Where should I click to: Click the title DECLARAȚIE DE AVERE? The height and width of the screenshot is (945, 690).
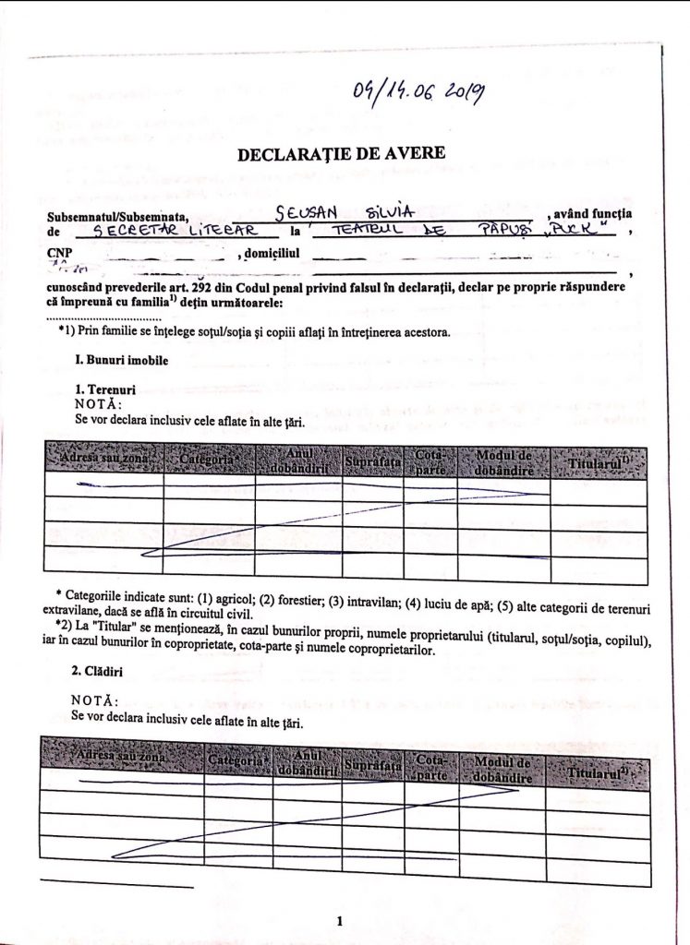point(341,153)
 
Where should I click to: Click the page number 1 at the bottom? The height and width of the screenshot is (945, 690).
point(340,920)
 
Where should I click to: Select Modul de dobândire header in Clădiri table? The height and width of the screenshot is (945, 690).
point(502,770)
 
